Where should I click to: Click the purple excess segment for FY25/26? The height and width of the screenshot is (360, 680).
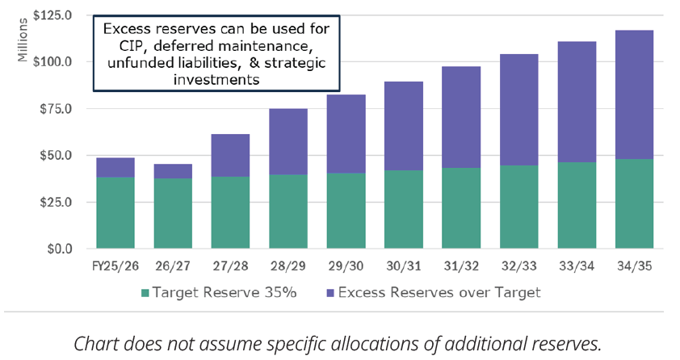115,167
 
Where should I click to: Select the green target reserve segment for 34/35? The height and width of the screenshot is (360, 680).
634,203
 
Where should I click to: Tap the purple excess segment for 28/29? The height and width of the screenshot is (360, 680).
288,141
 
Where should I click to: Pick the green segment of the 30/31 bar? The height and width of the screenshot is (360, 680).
403,209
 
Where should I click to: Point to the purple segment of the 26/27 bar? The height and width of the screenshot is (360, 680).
173,171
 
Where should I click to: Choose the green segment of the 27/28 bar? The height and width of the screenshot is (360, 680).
230,212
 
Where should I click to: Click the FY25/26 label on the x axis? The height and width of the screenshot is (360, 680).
115,265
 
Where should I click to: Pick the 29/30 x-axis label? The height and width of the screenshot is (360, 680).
346,265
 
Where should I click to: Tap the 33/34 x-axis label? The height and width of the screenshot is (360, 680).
577,265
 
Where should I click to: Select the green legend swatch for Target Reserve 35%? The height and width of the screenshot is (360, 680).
146,292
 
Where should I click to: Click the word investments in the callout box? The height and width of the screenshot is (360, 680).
216,80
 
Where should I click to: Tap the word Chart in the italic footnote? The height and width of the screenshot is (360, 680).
94,342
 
